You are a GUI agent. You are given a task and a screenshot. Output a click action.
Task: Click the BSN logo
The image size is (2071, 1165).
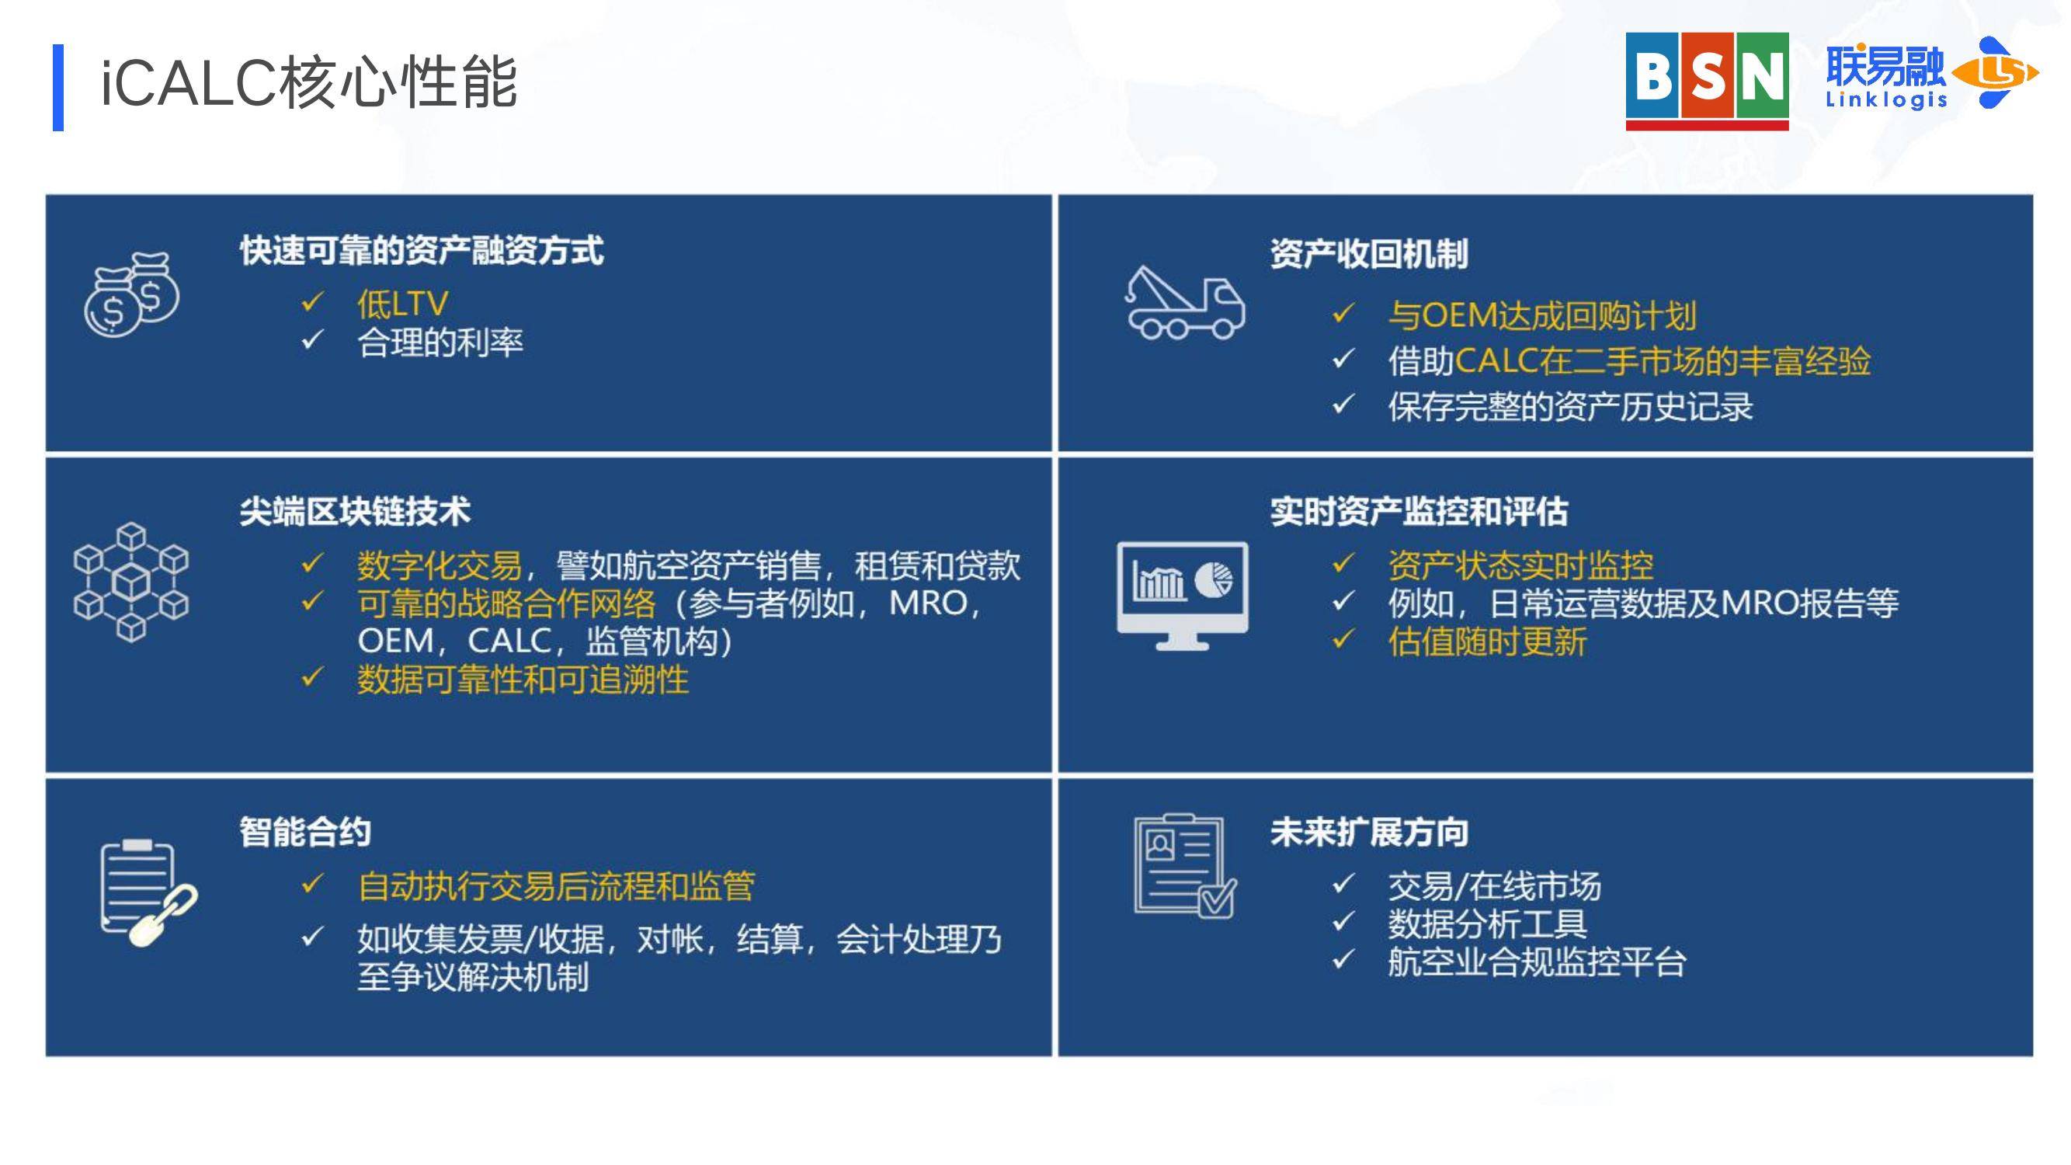point(1707,82)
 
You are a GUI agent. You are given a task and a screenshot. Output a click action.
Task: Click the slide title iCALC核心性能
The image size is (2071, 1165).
point(309,83)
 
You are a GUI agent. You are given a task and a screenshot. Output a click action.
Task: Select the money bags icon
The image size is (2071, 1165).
point(132,294)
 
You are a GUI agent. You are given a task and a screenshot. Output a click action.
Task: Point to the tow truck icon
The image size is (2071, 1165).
point(1184,303)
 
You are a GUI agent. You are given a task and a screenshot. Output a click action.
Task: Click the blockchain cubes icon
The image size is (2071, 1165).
point(131,582)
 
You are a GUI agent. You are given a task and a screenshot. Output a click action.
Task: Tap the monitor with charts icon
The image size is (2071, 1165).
point(1183,596)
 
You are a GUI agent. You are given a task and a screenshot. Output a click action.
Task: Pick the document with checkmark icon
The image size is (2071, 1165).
point(1185,866)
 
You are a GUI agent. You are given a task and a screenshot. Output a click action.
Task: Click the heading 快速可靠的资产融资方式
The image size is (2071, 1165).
point(422,250)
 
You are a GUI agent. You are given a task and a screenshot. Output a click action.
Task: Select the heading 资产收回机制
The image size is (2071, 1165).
point(1369,254)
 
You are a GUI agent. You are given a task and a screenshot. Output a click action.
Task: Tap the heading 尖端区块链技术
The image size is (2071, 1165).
point(355,511)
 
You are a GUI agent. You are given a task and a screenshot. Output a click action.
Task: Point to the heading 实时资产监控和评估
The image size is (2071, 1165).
point(1419,511)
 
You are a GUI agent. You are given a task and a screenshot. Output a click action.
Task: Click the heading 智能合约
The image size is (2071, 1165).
point(304,831)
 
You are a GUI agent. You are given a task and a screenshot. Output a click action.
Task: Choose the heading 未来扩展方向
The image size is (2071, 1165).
point(1369,831)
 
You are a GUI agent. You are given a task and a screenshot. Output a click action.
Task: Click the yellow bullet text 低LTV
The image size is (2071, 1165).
point(403,304)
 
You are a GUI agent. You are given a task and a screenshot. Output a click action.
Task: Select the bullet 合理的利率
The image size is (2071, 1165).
point(440,343)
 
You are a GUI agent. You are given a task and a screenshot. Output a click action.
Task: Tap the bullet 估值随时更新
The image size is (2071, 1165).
point(1487,642)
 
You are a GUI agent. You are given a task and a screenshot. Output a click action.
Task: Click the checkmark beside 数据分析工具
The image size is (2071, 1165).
point(1343,921)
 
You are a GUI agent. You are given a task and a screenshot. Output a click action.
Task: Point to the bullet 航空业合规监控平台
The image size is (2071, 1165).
point(1538,962)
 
